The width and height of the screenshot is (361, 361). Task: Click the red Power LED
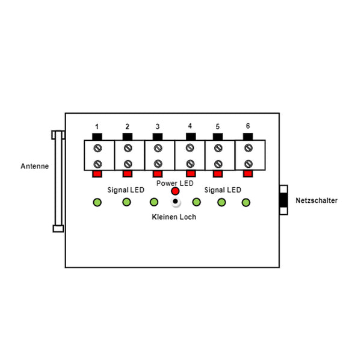[175, 191]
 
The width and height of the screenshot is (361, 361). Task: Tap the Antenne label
[34, 166]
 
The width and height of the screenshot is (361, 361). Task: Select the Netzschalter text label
[316, 201]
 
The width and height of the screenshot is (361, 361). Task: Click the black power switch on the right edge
[283, 200]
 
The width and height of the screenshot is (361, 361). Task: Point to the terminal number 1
[97, 127]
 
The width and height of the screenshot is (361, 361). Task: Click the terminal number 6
[247, 126]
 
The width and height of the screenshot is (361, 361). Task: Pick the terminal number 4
[190, 126]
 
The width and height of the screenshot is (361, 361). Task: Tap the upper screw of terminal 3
[158, 148]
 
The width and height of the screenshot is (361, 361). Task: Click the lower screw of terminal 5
[218, 164]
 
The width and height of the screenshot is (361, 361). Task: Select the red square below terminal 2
[127, 174]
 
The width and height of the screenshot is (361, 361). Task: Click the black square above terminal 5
[218, 137]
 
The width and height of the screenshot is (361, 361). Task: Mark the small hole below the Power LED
[175, 201]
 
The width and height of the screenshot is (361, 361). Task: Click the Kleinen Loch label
[174, 217]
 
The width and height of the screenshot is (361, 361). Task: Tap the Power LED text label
[174, 182]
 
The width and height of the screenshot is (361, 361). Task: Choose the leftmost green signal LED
[97, 202]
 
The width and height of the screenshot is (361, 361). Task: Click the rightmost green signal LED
[245, 202]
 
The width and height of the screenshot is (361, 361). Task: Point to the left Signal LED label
[126, 190]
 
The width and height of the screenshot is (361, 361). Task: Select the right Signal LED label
[223, 190]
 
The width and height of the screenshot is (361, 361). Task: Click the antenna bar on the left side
[58, 180]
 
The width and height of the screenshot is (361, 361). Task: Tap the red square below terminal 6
[248, 174]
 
